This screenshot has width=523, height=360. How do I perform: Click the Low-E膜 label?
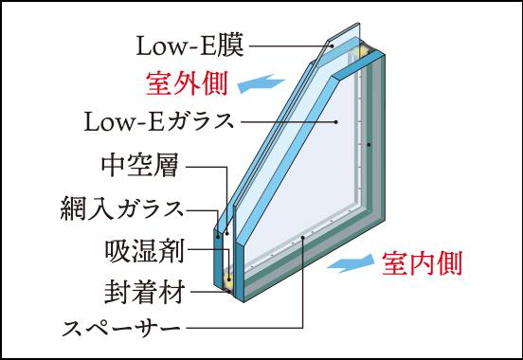[190, 45]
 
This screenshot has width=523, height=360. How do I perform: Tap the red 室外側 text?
[187, 84]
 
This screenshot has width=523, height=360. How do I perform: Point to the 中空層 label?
[139, 166]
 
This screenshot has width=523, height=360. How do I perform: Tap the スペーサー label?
[120, 328]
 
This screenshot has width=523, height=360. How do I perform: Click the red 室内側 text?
[422, 262]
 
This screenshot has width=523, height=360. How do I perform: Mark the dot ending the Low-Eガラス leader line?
[338, 122]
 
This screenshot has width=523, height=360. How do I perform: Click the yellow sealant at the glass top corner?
[363, 48]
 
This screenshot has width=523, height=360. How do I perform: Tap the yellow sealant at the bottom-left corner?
[228, 279]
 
